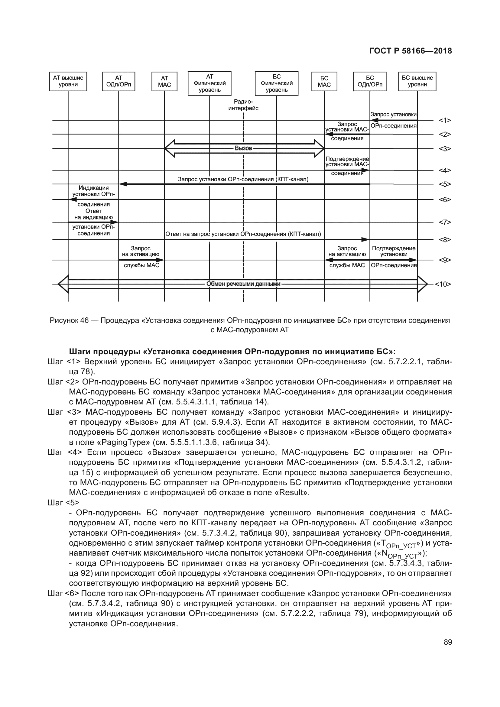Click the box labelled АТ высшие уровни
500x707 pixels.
click(68, 82)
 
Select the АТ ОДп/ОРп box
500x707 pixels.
click(119, 82)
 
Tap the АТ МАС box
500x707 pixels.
click(164, 82)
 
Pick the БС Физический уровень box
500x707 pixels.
click(277, 83)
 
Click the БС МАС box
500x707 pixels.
click(324, 82)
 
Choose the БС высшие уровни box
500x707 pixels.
click(417, 82)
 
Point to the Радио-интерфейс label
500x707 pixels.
click(243, 105)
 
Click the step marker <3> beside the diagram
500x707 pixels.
click(445, 149)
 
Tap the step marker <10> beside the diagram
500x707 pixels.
click(443, 284)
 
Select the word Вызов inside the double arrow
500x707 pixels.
click(243, 148)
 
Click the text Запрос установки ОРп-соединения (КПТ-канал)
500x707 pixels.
click(243, 179)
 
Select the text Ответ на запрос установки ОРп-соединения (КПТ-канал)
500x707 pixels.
click(243, 234)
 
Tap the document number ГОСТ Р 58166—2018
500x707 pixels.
click(411, 51)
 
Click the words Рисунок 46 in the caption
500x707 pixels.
click(69, 320)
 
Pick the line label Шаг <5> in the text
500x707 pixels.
click(64, 503)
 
